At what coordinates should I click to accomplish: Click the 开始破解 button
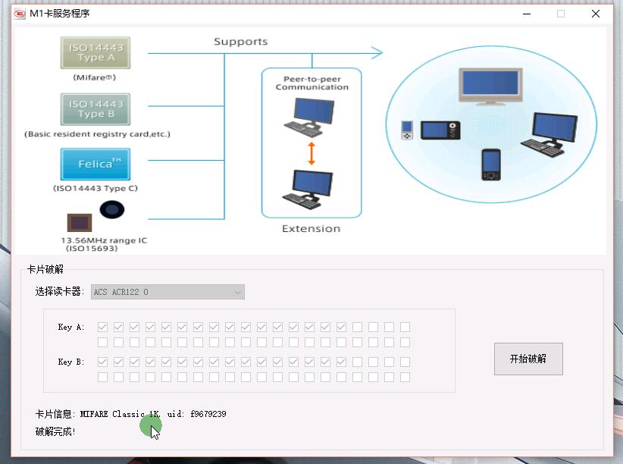528,359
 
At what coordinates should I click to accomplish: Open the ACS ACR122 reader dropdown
167,292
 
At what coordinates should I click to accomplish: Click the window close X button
596,14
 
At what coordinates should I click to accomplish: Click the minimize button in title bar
525,14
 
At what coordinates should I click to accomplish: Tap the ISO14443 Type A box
95,52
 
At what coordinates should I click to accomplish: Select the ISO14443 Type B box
95,109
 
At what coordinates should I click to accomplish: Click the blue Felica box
95,164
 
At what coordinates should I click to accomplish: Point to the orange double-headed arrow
311,154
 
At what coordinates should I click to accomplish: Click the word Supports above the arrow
240,42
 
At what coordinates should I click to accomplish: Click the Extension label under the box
311,228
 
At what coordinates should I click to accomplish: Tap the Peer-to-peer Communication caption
311,83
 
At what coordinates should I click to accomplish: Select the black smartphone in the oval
490,164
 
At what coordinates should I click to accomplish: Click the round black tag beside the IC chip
112,210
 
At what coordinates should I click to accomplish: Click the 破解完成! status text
55,431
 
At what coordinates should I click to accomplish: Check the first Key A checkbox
102,327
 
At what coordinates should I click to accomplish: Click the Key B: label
71,362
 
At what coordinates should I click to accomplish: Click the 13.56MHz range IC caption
104,240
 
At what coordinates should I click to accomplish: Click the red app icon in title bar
20,14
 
